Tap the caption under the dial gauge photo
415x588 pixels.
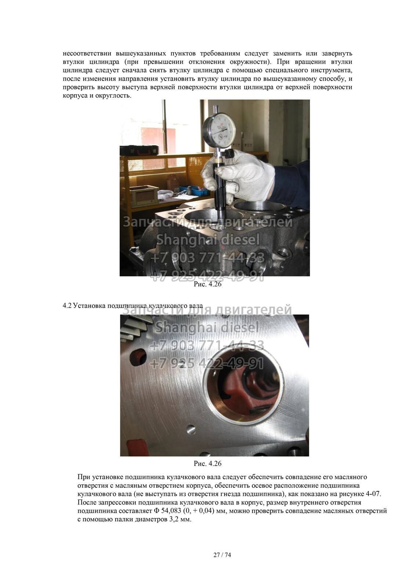tap(208, 284)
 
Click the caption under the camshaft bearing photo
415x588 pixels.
tap(208, 463)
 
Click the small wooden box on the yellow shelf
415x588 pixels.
tap(144, 195)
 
